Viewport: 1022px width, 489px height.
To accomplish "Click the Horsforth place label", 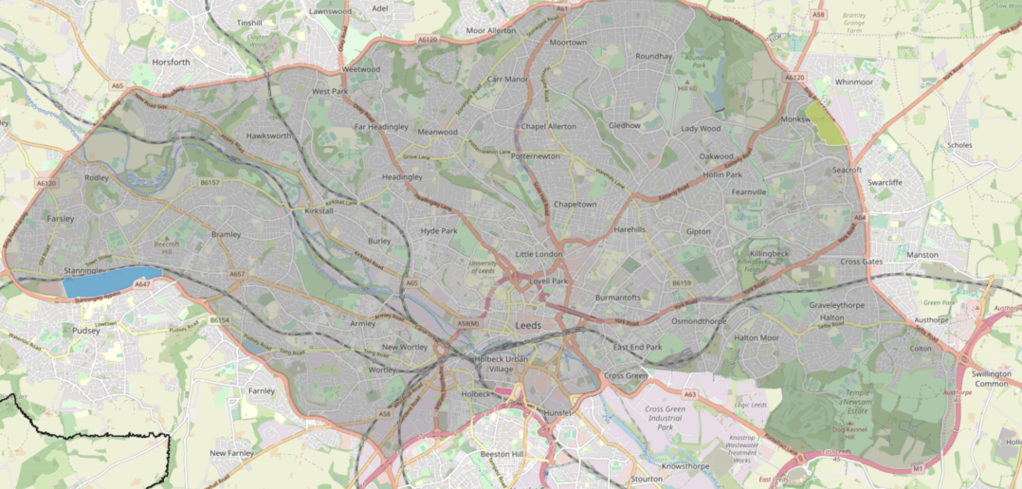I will click(x=171, y=63).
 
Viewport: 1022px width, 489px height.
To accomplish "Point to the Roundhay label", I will click(x=653, y=57).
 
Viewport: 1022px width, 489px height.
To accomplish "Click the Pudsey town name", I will click(x=85, y=331).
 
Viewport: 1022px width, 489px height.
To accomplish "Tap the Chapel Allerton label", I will click(x=547, y=126).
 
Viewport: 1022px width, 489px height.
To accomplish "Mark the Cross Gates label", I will click(x=862, y=262).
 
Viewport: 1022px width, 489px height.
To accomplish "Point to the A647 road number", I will click(x=142, y=283).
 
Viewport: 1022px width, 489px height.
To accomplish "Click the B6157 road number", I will click(x=210, y=183).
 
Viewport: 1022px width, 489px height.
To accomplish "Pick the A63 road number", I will click(x=690, y=394).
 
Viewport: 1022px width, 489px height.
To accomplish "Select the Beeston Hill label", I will click(x=502, y=455).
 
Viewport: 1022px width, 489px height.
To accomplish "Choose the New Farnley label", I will click(x=229, y=453).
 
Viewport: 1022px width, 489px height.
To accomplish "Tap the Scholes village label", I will click(x=959, y=145).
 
